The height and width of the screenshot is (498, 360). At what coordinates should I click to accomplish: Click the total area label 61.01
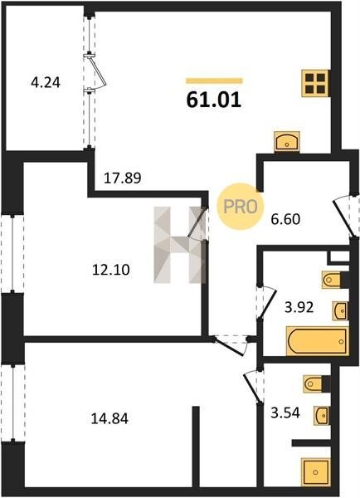pos(214,100)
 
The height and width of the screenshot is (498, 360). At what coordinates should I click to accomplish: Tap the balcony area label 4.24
pos(46,83)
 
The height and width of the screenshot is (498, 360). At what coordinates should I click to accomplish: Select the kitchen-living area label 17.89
pos(123,178)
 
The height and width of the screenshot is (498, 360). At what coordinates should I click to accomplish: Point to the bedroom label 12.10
pos(111,270)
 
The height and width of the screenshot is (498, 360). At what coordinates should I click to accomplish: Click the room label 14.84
pos(109,418)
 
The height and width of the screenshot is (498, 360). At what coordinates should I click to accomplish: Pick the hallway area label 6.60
pos(285,219)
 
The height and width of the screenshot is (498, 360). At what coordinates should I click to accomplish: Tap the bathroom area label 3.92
pos(299,307)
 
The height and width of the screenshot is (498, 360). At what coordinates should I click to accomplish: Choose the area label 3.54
pos(285,413)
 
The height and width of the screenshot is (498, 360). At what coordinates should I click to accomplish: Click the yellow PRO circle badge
pos(241,207)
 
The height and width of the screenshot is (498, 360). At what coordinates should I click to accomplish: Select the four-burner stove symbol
pos(316,83)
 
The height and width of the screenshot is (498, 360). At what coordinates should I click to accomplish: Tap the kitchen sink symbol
pos(287,141)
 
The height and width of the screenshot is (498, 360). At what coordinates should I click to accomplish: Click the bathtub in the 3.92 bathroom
pos(317,341)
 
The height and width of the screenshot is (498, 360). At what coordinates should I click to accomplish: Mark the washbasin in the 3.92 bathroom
pos(340,311)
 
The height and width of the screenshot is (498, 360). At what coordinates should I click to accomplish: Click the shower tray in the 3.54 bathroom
pos(315,472)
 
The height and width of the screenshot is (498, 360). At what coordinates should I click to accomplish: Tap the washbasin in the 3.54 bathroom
pos(322,415)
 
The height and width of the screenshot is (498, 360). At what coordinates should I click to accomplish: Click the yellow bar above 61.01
pos(214,81)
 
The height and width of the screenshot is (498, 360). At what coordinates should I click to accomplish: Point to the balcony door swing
pos(97,72)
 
